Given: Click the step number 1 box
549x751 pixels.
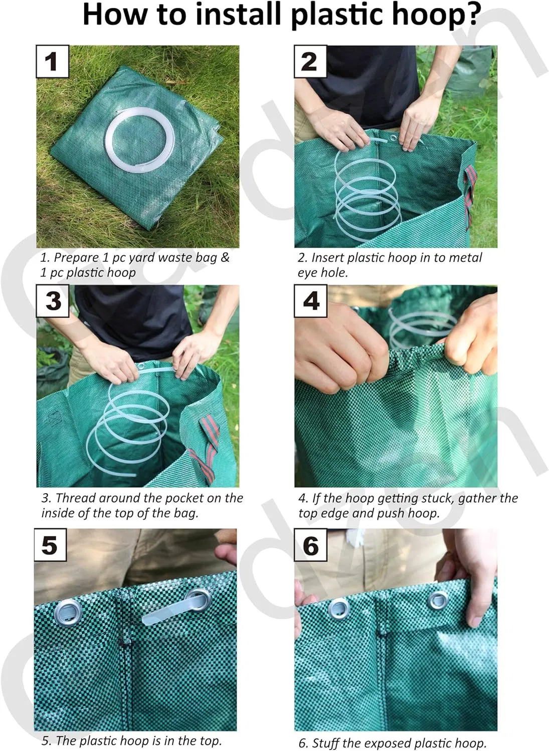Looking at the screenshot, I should click(x=52, y=62).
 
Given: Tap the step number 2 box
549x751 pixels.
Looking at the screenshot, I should click(x=310, y=62).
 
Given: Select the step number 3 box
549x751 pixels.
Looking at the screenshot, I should click(x=53, y=301).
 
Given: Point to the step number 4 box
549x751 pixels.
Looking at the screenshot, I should click(x=311, y=301).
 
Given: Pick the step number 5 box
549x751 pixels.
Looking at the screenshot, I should click(x=50, y=545).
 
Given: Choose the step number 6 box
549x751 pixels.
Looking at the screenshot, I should click(x=311, y=545).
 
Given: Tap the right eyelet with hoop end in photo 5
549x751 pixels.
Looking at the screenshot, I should click(x=197, y=598).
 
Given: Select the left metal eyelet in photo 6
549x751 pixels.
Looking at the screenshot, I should click(x=339, y=608).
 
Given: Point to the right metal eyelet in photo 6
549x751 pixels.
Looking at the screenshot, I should click(x=438, y=600).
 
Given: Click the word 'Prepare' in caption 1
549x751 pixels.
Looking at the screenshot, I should click(x=76, y=258).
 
